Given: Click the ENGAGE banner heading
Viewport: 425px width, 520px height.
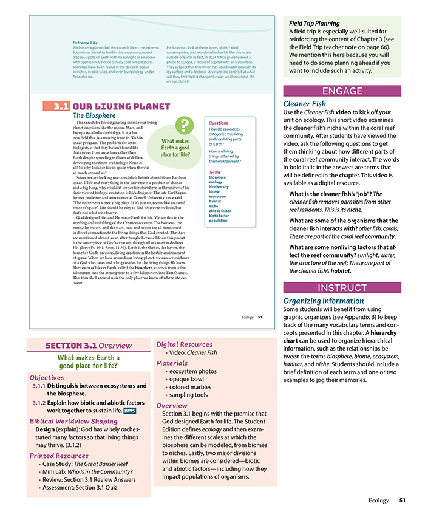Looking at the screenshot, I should [342, 92].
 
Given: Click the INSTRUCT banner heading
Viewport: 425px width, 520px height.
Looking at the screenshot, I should [342, 288].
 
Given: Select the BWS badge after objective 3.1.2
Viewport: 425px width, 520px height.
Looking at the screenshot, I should [129, 411].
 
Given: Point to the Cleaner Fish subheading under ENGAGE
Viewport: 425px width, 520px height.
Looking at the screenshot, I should [306, 104].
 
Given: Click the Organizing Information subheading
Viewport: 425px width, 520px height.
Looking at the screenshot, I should [323, 300].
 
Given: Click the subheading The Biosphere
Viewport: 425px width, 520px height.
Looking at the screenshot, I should [95, 115].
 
